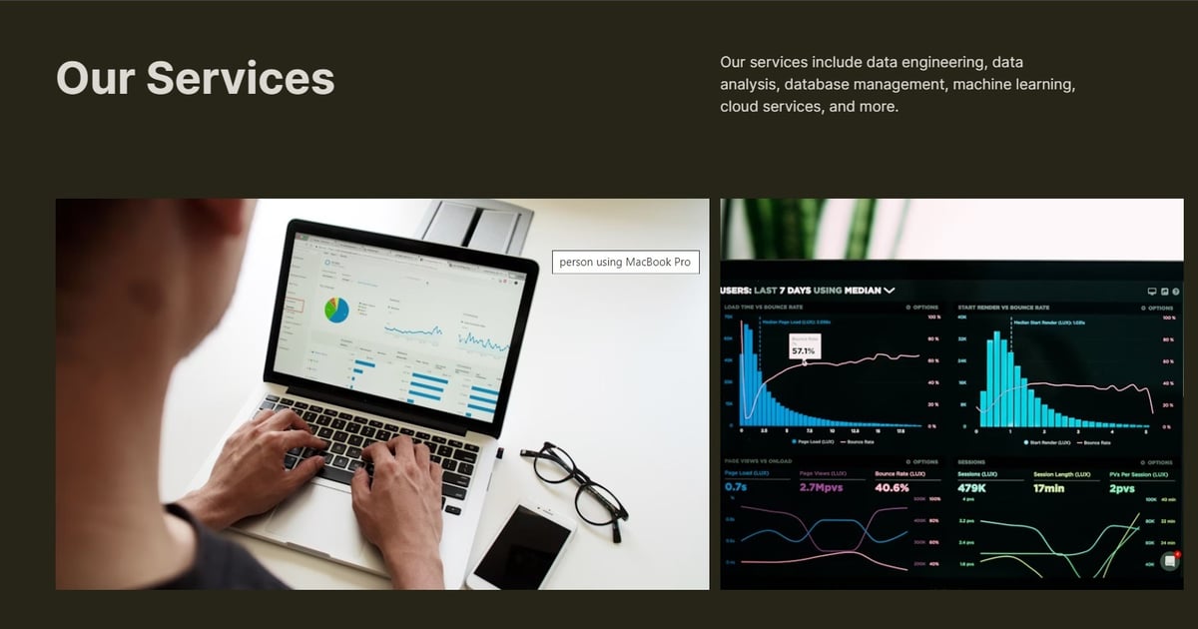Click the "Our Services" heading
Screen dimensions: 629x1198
pyautogui.click(x=195, y=78)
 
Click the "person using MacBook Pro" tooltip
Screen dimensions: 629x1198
pyautogui.click(x=625, y=262)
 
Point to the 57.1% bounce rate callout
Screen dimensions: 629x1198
pyautogui.click(x=804, y=350)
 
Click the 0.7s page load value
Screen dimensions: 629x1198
pyautogui.click(x=736, y=488)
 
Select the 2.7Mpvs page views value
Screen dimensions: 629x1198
pyautogui.click(x=823, y=488)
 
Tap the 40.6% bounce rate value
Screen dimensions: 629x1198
pyautogui.click(x=892, y=488)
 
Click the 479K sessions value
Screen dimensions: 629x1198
pyautogui.click(x=972, y=488)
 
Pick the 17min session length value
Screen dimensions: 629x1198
pyautogui.click(x=1050, y=488)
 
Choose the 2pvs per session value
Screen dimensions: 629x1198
pyautogui.click(x=1123, y=488)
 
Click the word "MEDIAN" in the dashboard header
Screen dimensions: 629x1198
pyautogui.click(x=864, y=291)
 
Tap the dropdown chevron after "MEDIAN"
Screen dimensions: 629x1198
pyautogui.click(x=890, y=291)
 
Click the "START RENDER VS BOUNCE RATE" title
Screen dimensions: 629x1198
pyautogui.click(x=1003, y=308)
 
